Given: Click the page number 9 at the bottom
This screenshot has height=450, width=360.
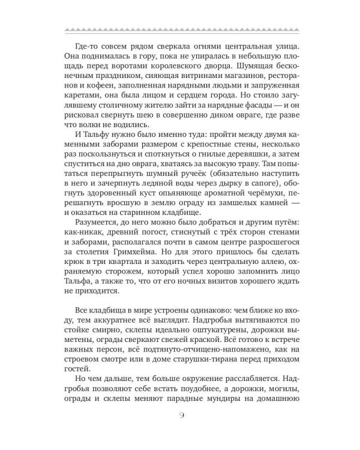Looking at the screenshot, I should click(181, 417).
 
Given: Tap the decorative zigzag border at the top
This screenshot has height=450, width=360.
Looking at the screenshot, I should click(180, 28).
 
